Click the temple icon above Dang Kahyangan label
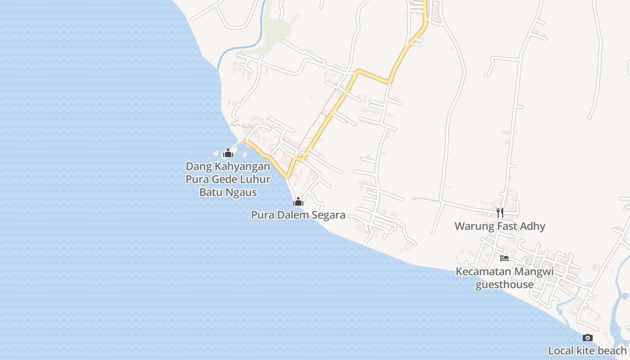point(228,153)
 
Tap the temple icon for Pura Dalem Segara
point(298,202)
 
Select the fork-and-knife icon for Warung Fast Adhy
point(500,212)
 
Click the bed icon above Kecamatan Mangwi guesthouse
point(504,258)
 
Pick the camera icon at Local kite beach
point(587,337)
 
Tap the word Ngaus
point(242,193)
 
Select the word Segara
point(328,215)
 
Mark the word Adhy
point(533,226)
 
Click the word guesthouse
point(504,284)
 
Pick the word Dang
point(198,166)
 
